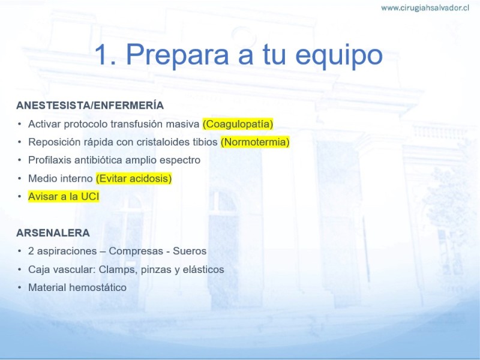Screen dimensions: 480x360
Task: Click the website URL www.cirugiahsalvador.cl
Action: click(425, 8)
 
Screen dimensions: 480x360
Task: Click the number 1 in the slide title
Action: click(102, 55)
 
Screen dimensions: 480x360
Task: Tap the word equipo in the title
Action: click(339, 56)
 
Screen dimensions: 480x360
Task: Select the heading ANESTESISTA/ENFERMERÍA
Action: click(90, 106)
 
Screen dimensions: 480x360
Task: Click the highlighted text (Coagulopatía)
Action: click(238, 124)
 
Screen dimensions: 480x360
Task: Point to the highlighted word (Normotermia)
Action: click(255, 142)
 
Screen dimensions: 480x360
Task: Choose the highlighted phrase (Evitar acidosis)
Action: click(134, 178)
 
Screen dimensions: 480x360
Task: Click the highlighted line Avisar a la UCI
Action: click(64, 197)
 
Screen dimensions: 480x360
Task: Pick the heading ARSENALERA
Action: click(53, 233)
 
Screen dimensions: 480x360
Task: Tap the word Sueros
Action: click(190, 251)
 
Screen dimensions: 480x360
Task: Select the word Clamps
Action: click(118, 269)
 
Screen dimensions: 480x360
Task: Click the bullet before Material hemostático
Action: click(20, 287)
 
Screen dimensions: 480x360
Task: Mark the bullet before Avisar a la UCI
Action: click(20, 197)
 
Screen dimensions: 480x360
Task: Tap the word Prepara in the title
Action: click(178, 56)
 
